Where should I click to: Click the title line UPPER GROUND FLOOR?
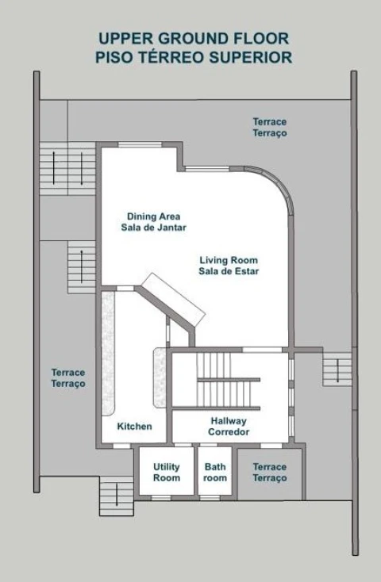194,39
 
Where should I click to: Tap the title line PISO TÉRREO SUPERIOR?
194,58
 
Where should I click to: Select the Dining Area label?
153,222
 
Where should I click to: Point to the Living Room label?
229,266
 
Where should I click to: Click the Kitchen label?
135,426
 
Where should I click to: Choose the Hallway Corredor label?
229,427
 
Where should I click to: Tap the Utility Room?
167,472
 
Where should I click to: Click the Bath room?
215,472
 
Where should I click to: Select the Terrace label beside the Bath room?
270,472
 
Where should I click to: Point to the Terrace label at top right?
270,128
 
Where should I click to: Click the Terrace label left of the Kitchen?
68,378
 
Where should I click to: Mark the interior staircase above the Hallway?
228,380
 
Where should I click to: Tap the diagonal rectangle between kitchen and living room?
173,300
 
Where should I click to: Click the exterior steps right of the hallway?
337,369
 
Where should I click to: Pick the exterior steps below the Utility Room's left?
117,496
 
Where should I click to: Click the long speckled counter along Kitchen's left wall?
108,353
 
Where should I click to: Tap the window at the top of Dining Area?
140,144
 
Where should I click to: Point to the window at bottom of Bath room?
210,497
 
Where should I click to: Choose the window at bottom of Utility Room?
162,497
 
